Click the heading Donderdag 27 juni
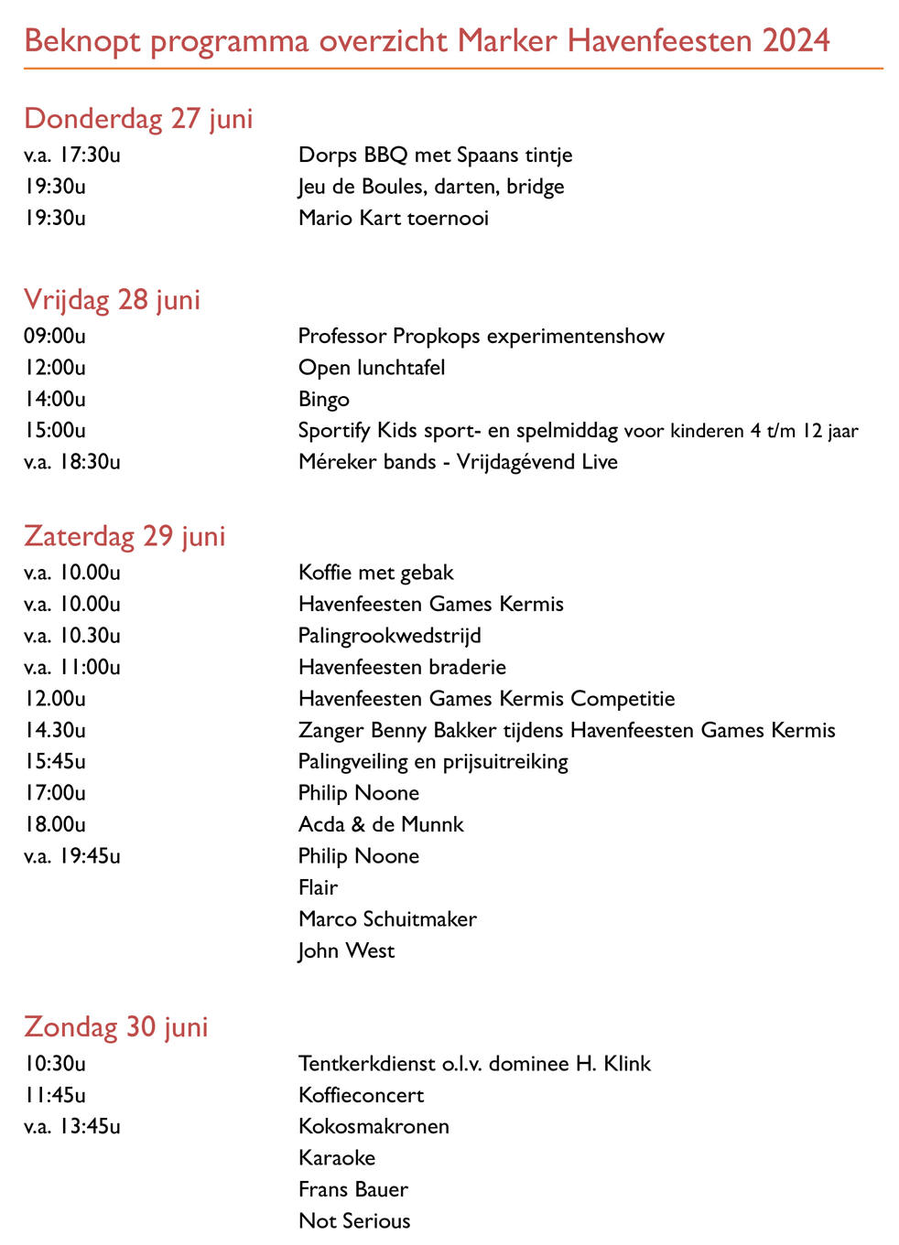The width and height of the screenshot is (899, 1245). point(138,119)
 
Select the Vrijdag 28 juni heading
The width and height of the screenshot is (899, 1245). point(112,300)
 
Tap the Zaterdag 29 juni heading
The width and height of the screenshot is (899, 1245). point(125,536)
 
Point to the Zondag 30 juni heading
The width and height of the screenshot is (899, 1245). point(116,1026)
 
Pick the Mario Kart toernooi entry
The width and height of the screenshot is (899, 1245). point(394,218)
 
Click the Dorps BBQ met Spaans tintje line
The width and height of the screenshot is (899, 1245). point(435,155)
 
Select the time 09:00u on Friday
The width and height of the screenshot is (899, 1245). point(55,336)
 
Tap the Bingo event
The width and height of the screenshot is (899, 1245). point(324,399)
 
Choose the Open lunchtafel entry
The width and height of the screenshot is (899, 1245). point(372,368)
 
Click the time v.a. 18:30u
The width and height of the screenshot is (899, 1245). point(72,462)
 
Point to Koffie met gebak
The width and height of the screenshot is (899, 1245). point(376,573)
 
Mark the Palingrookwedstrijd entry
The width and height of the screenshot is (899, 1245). point(389,636)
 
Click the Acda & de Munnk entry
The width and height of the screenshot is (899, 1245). point(381,824)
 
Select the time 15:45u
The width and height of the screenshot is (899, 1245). point(55,761)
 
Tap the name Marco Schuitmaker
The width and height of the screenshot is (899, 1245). point(387,918)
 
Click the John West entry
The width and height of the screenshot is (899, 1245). point(346,950)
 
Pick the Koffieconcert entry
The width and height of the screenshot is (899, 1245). point(362,1095)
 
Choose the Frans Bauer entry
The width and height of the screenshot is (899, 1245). point(353,1189)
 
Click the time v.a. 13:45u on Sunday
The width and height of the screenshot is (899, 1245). point(72,1126)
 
